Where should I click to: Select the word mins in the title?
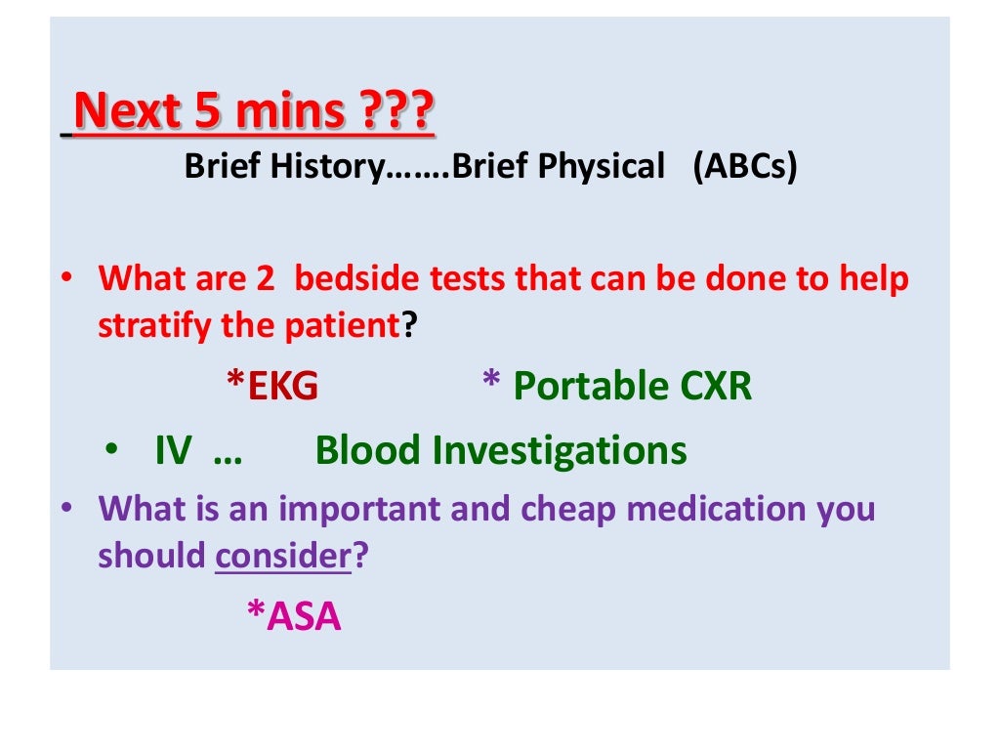(286, 112)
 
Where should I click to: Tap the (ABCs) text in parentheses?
(745, 167)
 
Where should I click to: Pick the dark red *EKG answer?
(272, 388)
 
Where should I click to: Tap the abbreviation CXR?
(715, 388)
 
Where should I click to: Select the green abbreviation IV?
(173, 451)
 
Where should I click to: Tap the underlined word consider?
(282, 556)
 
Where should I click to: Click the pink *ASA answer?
(293, 616)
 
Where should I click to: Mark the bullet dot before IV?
(114, 451)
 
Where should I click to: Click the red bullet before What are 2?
(64, 279)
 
